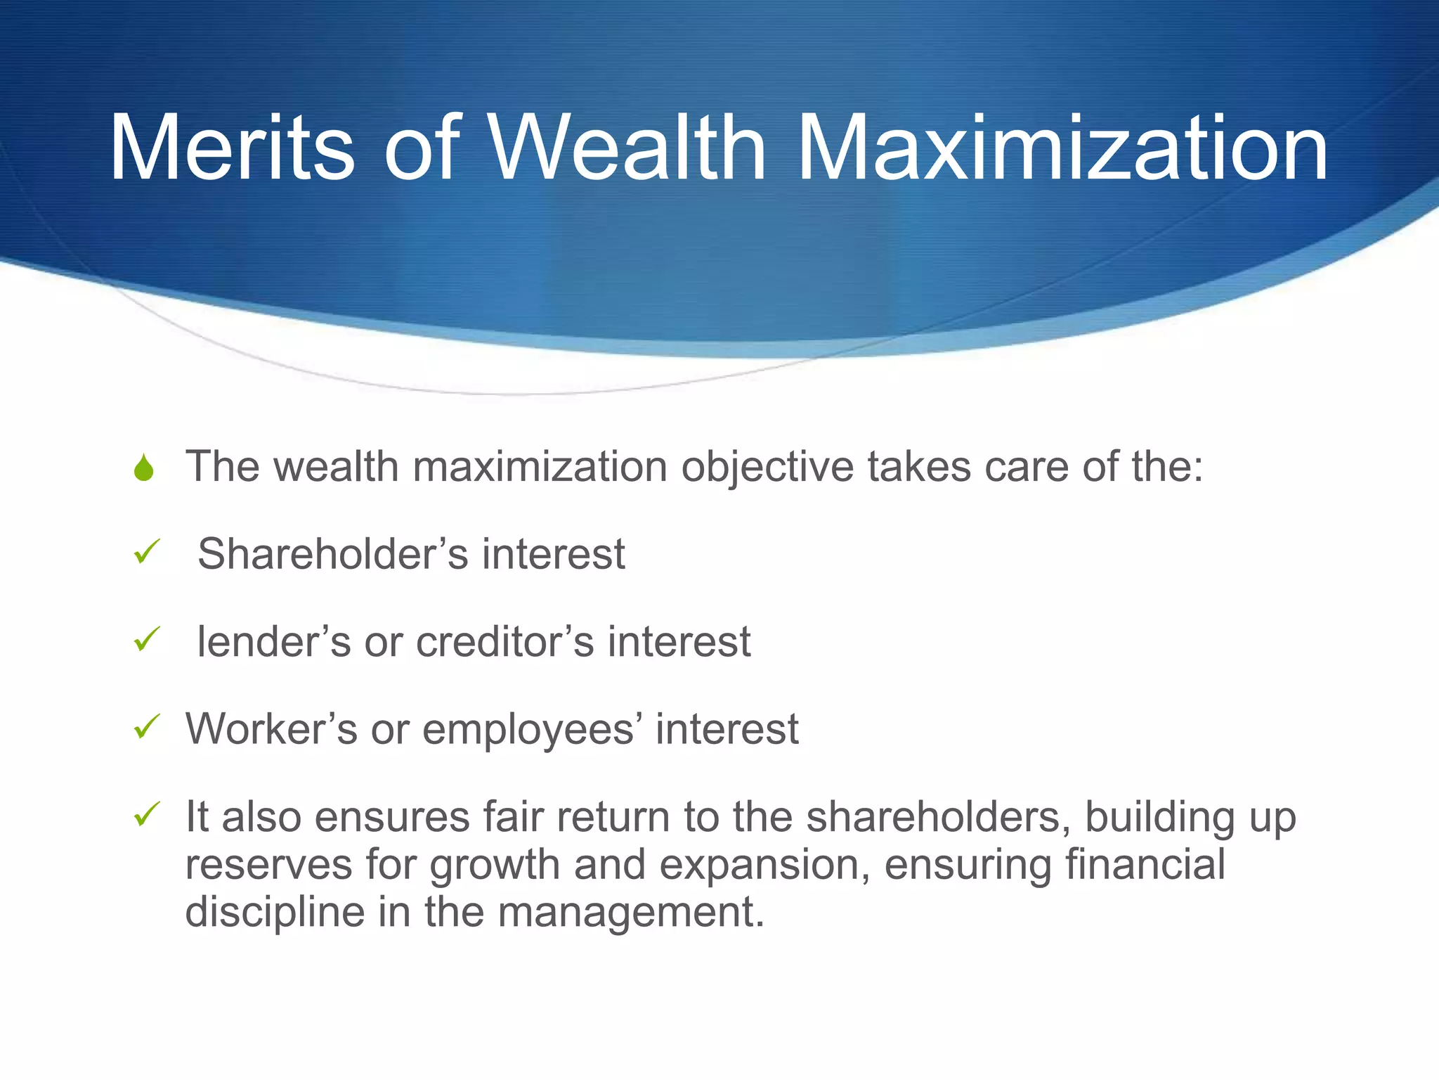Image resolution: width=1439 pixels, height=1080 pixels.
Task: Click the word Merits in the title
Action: point(232,149)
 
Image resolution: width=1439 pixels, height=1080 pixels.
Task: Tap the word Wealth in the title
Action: point(627,149)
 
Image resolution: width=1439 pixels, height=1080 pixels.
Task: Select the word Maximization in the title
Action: point(1062,149)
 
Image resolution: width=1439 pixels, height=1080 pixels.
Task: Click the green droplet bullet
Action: point(144,468)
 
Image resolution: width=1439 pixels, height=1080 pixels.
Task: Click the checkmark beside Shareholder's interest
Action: point(147,552)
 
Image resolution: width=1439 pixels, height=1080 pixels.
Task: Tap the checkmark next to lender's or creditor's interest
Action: point(147,639)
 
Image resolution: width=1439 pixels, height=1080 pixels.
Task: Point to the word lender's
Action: point(273,641)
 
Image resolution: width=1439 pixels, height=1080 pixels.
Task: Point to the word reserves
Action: point(268,865)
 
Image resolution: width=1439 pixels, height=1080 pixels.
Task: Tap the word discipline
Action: point(275,912)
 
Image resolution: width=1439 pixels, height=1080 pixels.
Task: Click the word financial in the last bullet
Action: point(1145,864)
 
